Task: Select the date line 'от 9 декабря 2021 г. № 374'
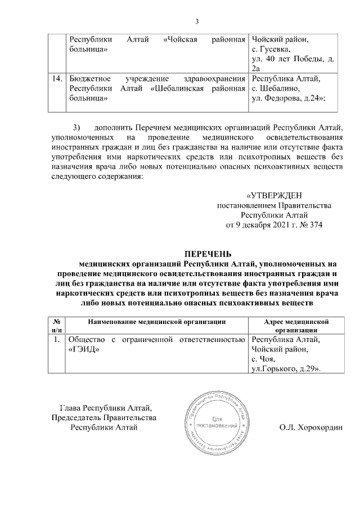tap(274, 224)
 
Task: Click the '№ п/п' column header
tap(57, 326)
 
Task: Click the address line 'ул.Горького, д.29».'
tap(286, 368)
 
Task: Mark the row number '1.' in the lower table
tap(57, 340)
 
